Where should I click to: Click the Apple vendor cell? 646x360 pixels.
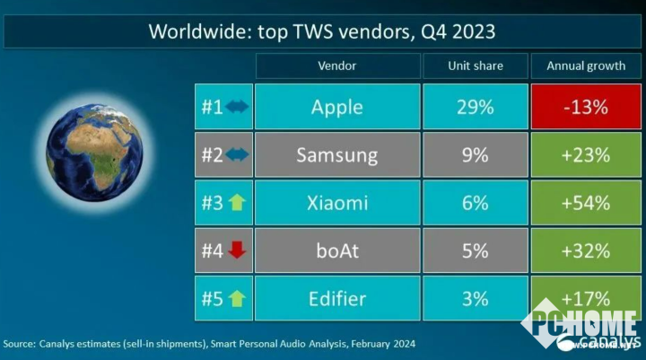pos(337,107)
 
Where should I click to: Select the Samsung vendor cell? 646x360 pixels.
pos(337,154)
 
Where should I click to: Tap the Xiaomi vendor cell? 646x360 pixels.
pos(337,203)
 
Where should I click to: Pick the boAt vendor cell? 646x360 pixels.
pos(337,250)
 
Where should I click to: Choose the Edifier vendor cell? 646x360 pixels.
pos(337,298)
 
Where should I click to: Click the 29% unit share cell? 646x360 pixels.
pos(475,107)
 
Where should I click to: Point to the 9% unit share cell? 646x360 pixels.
pos(475,154)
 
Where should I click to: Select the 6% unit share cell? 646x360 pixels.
pos(475,203)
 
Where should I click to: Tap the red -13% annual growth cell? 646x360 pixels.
pos(586,107)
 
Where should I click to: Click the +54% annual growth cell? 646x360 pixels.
pos(586,203)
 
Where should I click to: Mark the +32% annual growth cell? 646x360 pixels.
pos(586,250)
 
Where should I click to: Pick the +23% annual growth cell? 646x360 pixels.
pos(586,154)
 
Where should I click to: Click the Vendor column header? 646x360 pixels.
pos(337,66)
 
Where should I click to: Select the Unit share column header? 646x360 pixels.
pos(475,66)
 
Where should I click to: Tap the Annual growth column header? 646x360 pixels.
pos(586,66)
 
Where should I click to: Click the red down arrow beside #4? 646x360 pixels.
pos(237,250)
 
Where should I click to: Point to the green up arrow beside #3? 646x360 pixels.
pos(237,203)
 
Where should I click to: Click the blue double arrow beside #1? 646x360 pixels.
pos(237,107)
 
